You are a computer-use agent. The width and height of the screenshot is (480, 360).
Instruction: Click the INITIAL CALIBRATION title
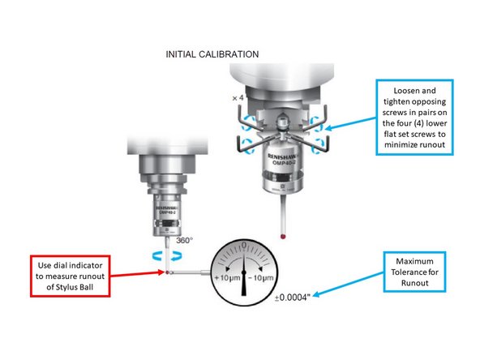pos(212,54)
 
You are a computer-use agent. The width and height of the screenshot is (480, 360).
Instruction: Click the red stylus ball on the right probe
pos(281,237)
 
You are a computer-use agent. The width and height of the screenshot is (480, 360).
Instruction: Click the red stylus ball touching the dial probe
pos(166,272)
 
